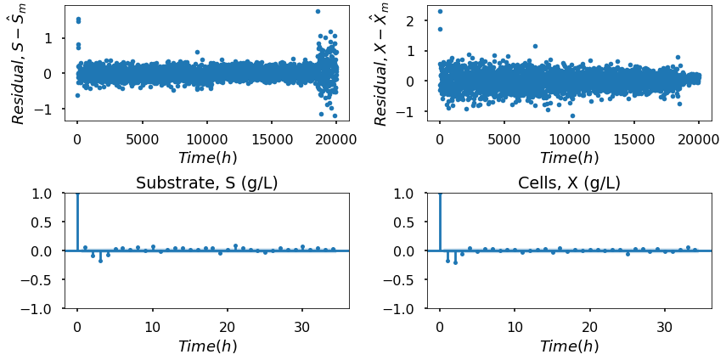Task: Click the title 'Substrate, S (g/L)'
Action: click(x=207, y=183)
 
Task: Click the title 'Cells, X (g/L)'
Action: click(x=569, y=183)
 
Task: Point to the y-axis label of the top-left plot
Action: click(x=19, y=64)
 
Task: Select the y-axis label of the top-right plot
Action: click(x=381, y=64)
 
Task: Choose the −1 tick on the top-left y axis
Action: click(x=48, y=110)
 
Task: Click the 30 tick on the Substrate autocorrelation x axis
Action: click(x=302, y=327)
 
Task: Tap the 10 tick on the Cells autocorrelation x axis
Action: click(x=515, y=327)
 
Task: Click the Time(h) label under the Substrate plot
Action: click(x=207, y=346)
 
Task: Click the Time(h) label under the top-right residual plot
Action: click(x=569, y=158)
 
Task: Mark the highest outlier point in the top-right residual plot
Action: click(x=439, y=11)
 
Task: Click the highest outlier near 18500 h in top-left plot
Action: click(x=318, y=11)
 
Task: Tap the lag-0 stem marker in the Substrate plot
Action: click(x=77, y=194)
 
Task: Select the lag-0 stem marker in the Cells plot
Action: click(x=439, y=194)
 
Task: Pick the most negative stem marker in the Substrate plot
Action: click(x=100, y=261)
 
